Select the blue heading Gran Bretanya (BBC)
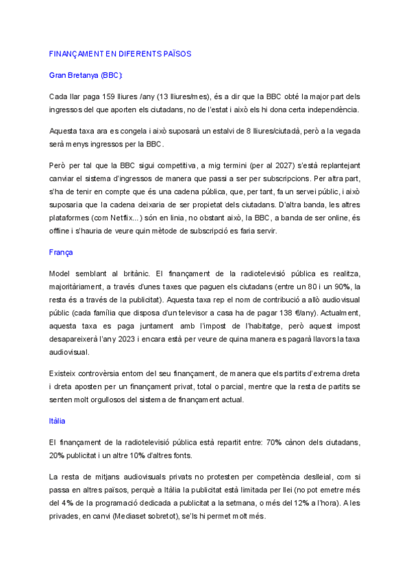(x=86, y=75)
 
